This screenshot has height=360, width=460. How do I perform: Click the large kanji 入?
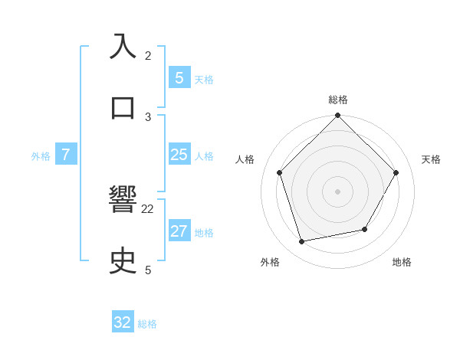[x=123, y=47]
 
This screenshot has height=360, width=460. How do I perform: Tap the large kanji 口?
[x=123, y=108]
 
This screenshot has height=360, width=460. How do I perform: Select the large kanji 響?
[x=123, y=200]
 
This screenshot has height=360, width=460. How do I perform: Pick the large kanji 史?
[x=123, y=261]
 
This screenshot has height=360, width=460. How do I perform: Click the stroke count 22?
[x=148, y=208]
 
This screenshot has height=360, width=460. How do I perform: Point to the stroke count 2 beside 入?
[x=148, y=55]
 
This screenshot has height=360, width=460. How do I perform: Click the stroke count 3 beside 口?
[x=148, y=116]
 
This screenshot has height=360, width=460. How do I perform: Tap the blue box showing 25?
[x=179, y=155]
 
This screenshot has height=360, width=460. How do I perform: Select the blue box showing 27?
[x=179, y=231]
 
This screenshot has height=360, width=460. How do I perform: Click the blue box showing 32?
[x=123, y=322]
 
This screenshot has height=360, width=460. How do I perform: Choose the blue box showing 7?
[x=66, y=155]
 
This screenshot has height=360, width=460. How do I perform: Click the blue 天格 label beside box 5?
[x=204, y=80]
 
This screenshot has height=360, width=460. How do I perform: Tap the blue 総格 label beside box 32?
[x=147, y=324]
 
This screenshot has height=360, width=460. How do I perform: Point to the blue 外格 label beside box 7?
[x=41, y=156]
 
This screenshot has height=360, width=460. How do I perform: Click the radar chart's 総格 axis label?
[x=338, y=100]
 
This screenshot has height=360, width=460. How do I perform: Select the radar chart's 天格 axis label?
[x=432, y=159]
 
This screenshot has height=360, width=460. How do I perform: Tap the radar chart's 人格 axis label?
[x=245, y=159]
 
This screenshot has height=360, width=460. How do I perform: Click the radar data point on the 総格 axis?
[x=338, y=116]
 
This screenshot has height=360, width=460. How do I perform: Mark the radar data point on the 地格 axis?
[x=365, y=229]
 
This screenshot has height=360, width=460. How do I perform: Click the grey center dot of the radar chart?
[x=338, y=191]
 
